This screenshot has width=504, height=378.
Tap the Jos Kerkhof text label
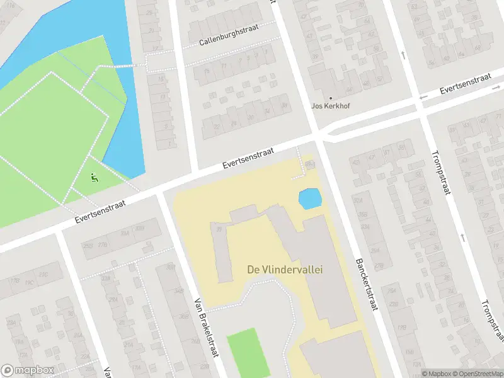330,106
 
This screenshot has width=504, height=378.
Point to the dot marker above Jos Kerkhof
330,98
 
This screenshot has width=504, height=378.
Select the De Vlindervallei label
284,270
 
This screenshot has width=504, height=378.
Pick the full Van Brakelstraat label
206,327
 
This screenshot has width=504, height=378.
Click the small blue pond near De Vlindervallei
309,199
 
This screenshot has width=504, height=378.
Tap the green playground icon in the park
94,178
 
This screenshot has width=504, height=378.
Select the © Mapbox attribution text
436,374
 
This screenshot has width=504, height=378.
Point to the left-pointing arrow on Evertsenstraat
423,96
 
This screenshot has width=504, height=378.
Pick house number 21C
44,275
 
